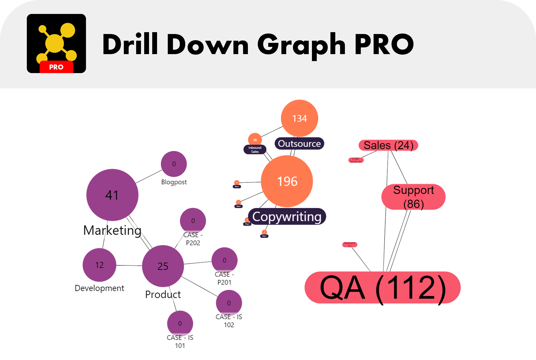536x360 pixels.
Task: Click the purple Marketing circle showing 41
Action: coord(112,195)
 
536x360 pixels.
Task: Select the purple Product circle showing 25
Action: coord(163,266)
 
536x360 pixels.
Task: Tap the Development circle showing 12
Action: coord(99,265)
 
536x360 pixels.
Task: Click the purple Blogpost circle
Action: coord(174,164)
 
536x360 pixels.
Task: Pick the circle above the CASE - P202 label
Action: coord(193,220)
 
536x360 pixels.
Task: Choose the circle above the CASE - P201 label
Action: coord(225,260)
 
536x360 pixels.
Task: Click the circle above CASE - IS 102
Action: coord(229,303)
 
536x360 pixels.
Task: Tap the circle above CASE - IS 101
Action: coord(180,323)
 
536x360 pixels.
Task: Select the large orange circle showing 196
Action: coord(287,181)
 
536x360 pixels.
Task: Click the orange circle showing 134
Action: coord(299,118)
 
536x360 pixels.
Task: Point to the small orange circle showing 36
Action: coord(255,140)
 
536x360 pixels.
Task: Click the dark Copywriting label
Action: coord(287,217)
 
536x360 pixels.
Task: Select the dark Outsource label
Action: coord(299,144)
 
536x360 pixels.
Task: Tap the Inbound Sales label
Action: coord(255,150)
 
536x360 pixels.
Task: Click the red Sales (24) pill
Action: coord(388,145)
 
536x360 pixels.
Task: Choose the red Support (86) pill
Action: coord(414,197)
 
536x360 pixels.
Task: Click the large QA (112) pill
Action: coord(383,287)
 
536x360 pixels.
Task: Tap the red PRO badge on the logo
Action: coord(56,67)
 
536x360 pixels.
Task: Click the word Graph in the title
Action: coord(301,45)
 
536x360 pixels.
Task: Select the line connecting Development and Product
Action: coord(129,265)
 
